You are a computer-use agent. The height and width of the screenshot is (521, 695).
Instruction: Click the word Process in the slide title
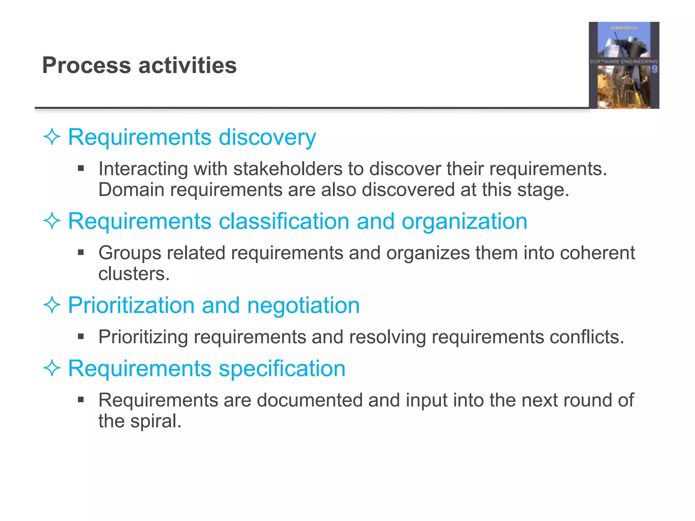87,65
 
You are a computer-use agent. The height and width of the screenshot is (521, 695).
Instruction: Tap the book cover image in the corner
624,65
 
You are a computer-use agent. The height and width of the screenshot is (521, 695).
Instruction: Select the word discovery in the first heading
267,137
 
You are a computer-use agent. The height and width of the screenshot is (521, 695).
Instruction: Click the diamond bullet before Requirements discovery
52,137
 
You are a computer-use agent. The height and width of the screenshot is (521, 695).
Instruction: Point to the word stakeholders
288,169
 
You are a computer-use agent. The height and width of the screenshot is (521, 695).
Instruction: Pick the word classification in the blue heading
284,221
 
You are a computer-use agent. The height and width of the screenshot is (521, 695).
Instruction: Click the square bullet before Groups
81,252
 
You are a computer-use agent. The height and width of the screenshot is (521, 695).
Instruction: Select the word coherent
597,253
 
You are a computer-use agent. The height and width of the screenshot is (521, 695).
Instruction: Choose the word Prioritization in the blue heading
131,305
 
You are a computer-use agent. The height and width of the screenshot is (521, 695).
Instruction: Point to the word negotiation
303,306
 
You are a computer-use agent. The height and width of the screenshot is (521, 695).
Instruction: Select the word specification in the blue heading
282,369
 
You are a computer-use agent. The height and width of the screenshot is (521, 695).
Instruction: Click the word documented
310,400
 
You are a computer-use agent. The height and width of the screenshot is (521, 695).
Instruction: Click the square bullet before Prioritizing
81,336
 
